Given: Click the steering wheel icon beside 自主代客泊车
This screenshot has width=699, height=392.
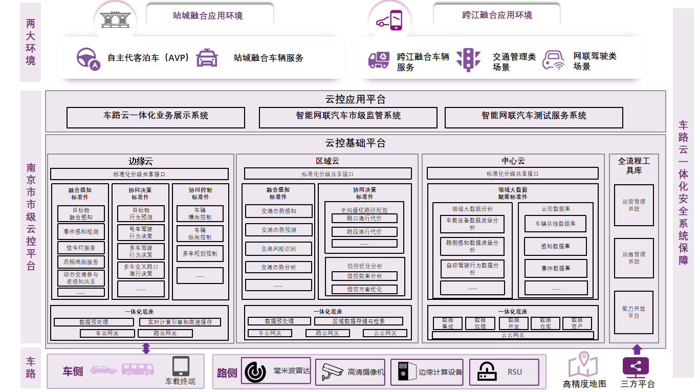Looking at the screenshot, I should pos(88,58).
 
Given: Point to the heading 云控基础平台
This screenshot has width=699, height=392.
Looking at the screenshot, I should pos(355,143).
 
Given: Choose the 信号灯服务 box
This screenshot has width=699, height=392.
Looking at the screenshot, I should pos(81,248).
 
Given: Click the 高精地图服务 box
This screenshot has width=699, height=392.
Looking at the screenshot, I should pos(81,262).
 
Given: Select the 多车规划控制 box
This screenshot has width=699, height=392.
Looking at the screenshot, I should pos(200,253).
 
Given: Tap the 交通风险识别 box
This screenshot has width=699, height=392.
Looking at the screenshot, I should pos(278,249).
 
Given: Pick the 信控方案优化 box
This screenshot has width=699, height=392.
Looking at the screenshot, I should pos(364,289).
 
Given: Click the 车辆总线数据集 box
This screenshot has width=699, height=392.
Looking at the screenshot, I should pos(555,224).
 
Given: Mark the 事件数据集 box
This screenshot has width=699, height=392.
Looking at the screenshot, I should pos(555,268).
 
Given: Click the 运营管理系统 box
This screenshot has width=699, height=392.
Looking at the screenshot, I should pos(634,205).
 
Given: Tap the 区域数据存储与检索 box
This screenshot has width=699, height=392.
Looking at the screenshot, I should pos(358,321).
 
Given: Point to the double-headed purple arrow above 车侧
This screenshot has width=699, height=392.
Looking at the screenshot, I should pos(146,349).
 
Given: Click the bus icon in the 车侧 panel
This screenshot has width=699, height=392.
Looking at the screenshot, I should pos(138,369).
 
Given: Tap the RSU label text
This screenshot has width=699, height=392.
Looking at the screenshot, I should pos(515,372).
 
